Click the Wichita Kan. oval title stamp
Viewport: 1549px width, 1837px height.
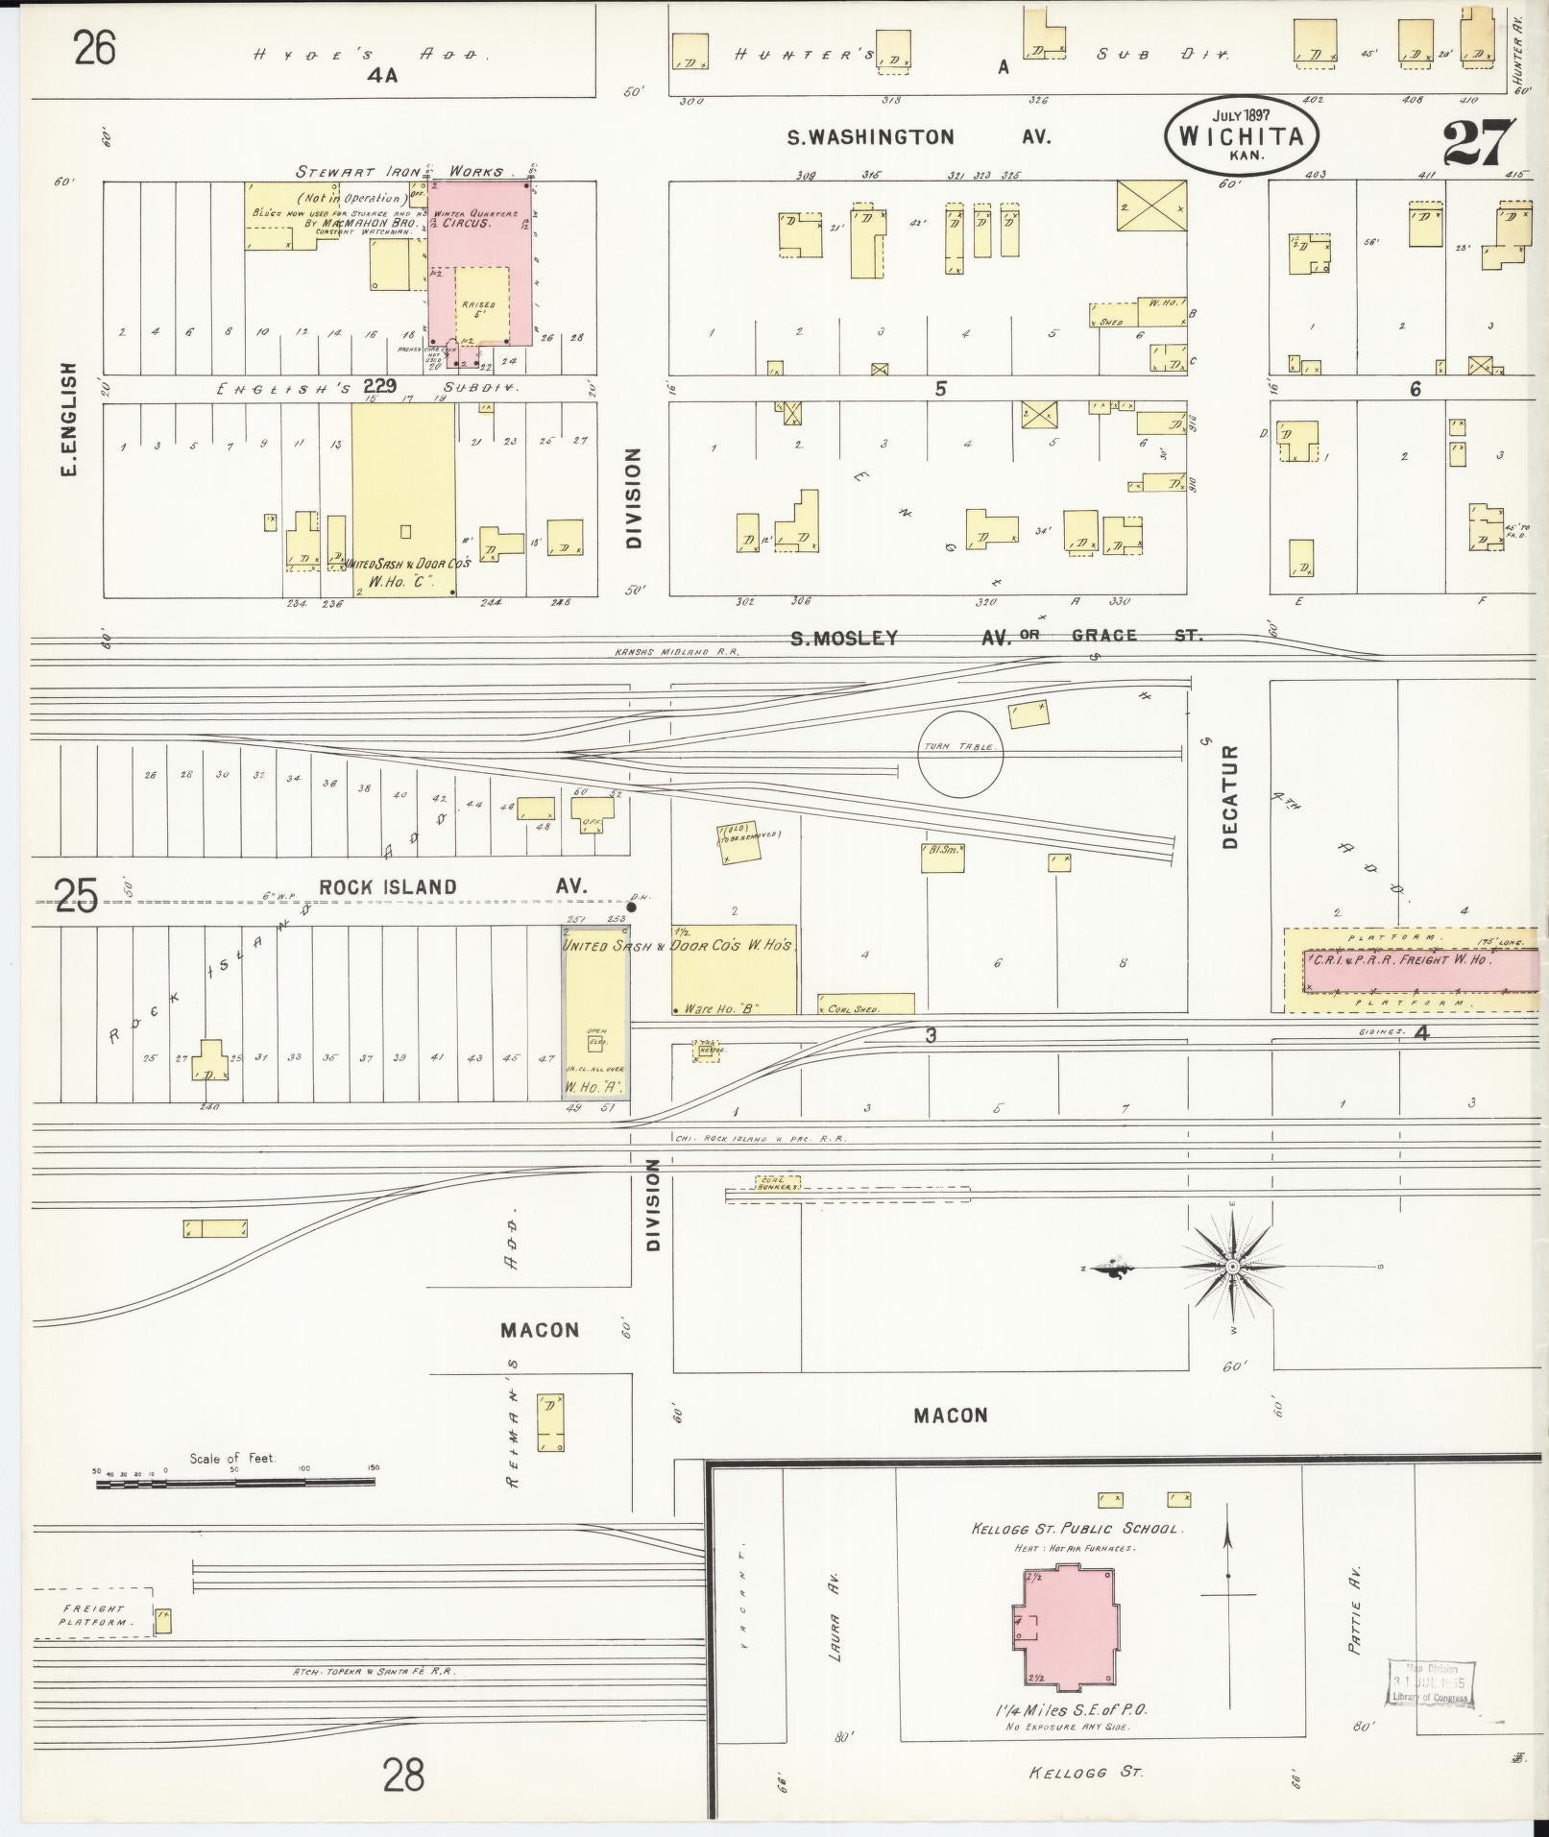coord(1241,135)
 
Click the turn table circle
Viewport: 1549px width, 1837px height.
coord(960,754)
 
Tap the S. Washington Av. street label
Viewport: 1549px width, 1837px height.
coord(918,137)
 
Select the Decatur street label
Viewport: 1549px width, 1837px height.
coord(1231,796)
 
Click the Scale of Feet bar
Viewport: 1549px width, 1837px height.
coord(235,1483)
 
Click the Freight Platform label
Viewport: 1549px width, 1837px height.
coord(92,1615)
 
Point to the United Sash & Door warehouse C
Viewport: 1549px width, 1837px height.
coord(403,499)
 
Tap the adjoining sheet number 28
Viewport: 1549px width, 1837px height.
coord(402,1775)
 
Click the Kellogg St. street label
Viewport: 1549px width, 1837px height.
coord(1086,1772)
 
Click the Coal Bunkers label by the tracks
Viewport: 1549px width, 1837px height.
coord(781,1183)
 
